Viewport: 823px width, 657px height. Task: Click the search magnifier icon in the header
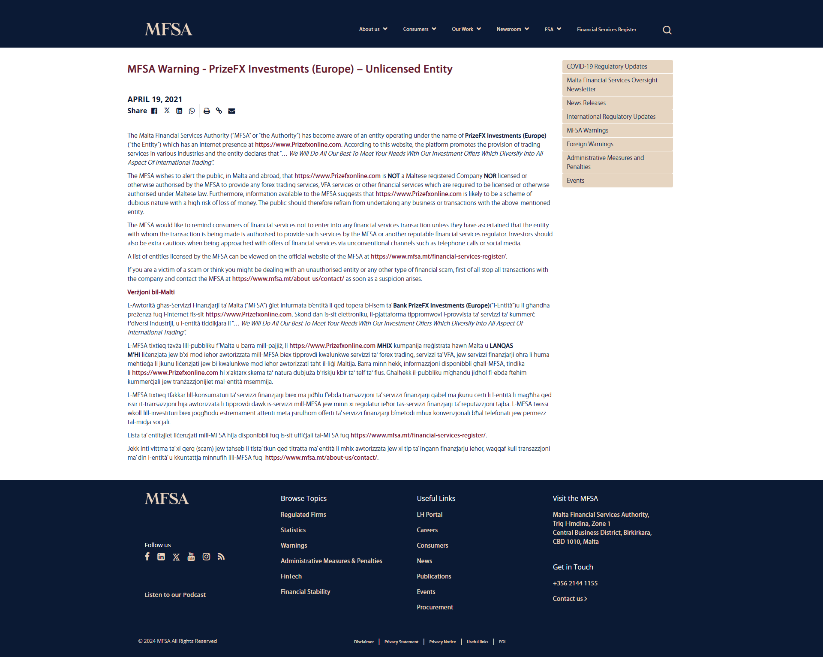tap(667, 30)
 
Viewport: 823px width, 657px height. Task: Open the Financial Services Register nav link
tap(606, 30)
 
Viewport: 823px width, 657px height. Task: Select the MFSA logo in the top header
tap(168, 29)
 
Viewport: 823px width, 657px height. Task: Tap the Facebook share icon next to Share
tap(154, 111)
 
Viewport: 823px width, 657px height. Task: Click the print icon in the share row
tap(207, 111)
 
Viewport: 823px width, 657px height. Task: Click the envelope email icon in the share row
tap(231, 111)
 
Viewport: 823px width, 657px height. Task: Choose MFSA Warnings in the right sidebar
tap(587, 130)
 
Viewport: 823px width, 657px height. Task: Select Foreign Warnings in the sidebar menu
tap(590, 144)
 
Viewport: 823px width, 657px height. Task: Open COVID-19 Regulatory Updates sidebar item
tap(607, 66)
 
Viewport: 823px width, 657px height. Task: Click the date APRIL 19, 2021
tap(155, 99)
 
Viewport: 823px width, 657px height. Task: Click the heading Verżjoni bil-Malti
tap(151, 292)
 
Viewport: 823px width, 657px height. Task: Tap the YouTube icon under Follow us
tap(191, 557)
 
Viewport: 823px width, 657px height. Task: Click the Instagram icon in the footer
tap(206, 557)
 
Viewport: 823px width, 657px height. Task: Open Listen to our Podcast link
tap(175, 595)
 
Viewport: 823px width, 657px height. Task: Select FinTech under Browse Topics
tap(291, 576)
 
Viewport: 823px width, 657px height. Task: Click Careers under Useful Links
tap(427, 530)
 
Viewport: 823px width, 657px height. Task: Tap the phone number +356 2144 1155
tap(575, 583)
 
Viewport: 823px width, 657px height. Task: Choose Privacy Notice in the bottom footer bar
tap(442, 642)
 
